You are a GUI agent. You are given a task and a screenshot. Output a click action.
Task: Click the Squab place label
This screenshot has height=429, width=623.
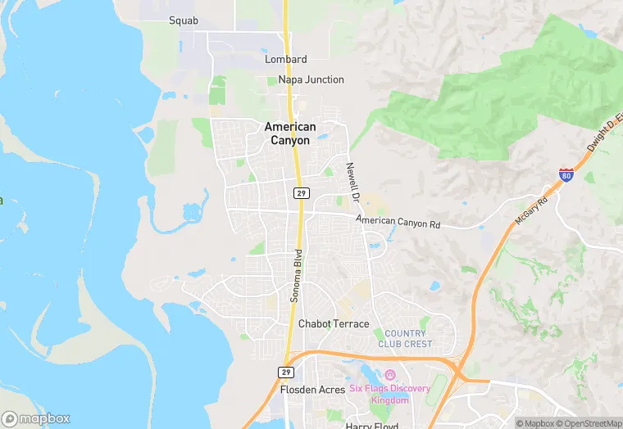coord(184,20)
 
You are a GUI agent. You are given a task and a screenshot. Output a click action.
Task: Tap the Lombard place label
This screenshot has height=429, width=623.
coord(286,60)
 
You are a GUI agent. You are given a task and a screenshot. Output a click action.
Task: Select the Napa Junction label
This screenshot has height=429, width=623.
coord(311,79)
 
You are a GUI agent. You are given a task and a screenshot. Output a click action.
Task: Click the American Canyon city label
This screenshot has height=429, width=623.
coord(290,133)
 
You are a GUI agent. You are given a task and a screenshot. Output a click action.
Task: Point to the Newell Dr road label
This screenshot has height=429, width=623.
coord(352,182)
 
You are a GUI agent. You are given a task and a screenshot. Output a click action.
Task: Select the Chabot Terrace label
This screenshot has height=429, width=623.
coord(334,323)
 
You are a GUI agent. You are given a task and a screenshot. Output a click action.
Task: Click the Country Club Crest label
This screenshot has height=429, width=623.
coord(404,338)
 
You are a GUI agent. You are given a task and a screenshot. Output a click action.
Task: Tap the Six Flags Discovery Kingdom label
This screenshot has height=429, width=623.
coord(379,395)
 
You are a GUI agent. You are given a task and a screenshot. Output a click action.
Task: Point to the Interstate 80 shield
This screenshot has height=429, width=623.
coord(566,174)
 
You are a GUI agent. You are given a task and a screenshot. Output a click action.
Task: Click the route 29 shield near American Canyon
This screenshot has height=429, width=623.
coord(302,192)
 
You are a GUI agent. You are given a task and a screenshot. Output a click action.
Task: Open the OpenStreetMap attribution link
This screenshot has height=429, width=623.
coord(588,423)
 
